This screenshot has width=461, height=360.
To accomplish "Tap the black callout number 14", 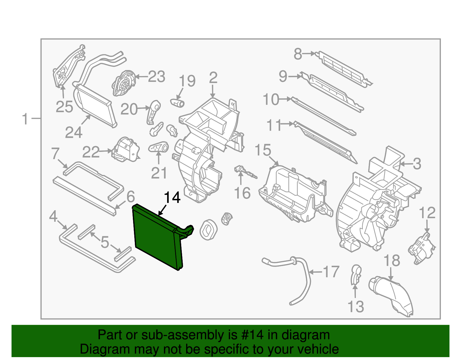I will pos(172,198).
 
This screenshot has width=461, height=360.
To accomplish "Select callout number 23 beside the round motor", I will pos(156,77).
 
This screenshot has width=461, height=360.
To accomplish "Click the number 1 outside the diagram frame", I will pos(25,119).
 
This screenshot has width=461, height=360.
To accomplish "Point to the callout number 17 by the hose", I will pos(331,272).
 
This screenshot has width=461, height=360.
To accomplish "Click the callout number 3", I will pos(417,164).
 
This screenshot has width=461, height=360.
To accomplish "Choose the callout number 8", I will pos(298,54).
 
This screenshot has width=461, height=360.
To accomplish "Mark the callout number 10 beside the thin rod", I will pos(271,99).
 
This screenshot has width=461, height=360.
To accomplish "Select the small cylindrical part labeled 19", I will pos(178,102).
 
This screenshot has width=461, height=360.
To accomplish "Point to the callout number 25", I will pos(64,107).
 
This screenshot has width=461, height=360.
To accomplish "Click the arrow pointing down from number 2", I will pos(213,92).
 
